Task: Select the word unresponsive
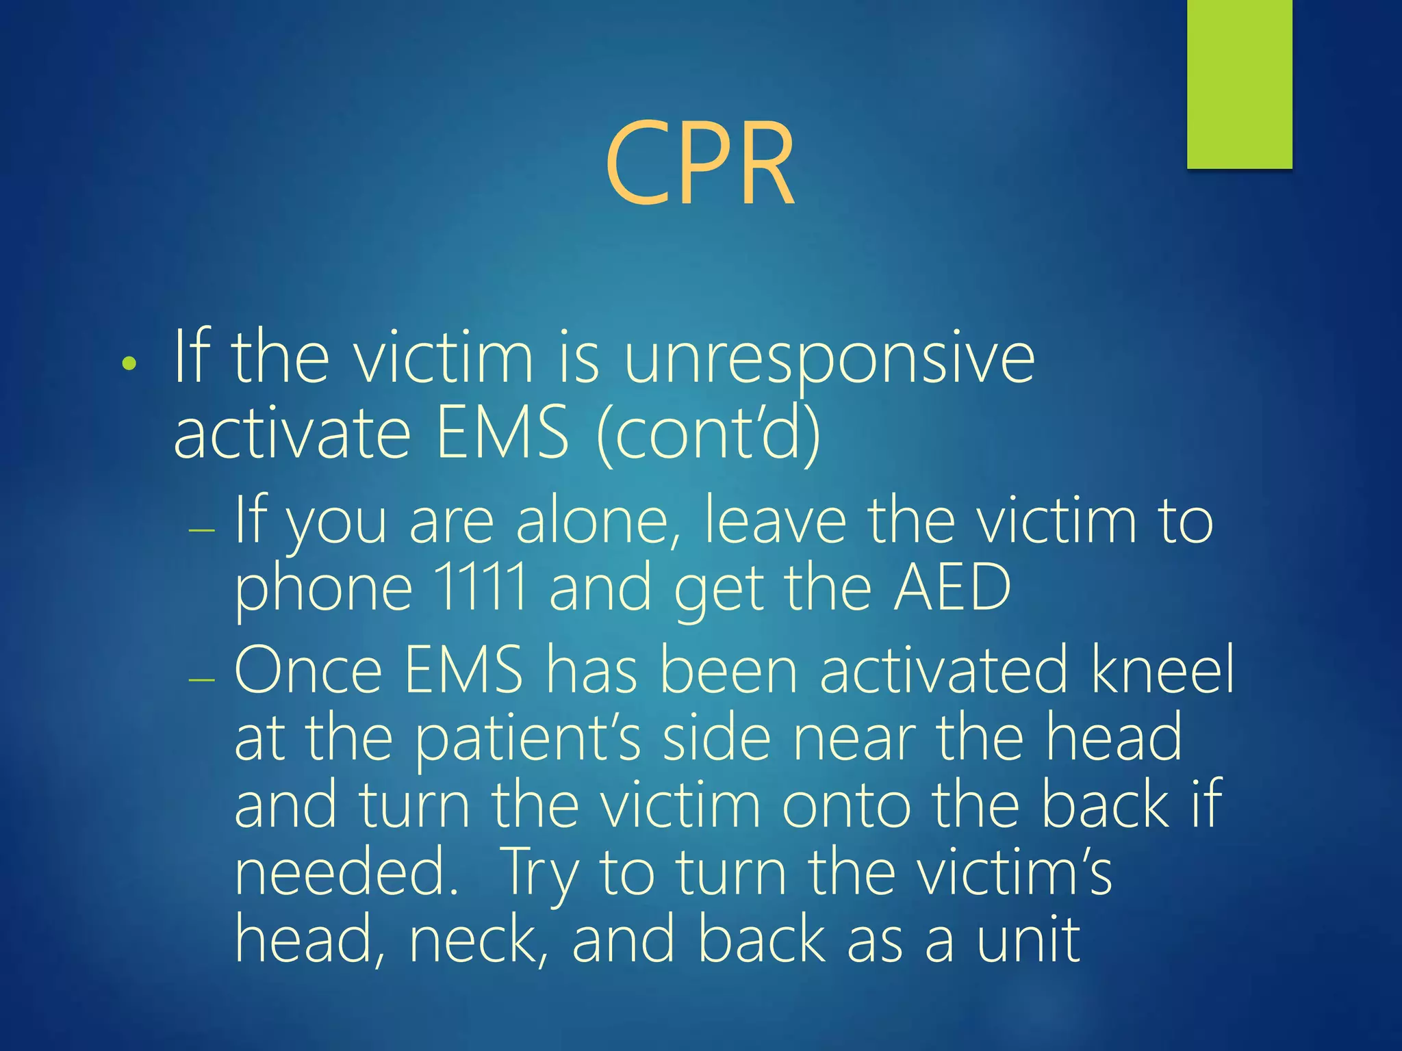(x=829, y=359)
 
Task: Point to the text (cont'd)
(x=709, y=433)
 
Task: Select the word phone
(x=324, y=588)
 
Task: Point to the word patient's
(x=528, y=738)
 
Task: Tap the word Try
(x=540, y=873)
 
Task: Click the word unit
(x=1028, y=940)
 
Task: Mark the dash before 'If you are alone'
(x=202, y=530)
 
